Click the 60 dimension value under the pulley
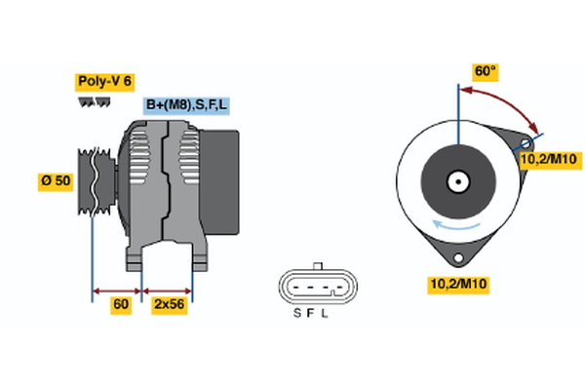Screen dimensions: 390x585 (120, 304)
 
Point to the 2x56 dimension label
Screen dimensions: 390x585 (169, 304)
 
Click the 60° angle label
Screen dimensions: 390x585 (485, 71)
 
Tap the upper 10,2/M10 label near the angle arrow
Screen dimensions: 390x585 (551, 160)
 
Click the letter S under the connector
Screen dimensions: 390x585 (296, 313)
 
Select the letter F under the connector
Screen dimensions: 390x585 (311, 313)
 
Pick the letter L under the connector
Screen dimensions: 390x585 (326, 313)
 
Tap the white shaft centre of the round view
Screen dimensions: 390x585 (456, 180)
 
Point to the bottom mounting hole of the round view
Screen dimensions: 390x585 (456, 257)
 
